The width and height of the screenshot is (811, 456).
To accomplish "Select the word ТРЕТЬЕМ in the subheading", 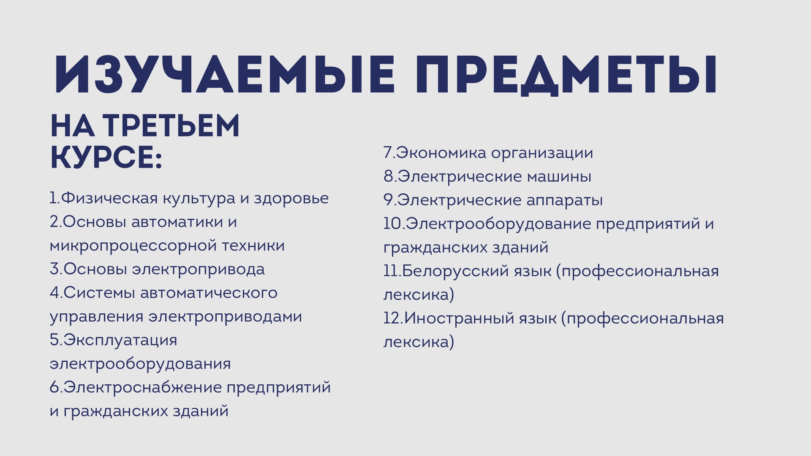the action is point(171,126).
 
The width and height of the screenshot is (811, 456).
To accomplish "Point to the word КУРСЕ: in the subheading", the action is point(106,158).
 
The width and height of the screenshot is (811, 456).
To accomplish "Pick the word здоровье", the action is point(291,199).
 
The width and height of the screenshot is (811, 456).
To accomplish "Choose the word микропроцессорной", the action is point(132,246).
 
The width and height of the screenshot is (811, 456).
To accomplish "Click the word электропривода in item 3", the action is point(198,269).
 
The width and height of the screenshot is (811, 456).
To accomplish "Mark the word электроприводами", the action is point(225,317).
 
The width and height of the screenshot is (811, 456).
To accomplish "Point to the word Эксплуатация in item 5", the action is point(120,340).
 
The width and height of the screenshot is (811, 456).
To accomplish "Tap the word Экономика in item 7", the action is point(441,153).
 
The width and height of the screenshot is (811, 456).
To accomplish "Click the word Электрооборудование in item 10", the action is point(498,224).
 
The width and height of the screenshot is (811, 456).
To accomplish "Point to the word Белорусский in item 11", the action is point(456,271).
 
